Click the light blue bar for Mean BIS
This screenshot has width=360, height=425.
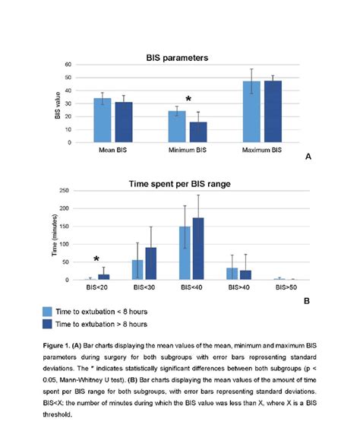pos(103,120)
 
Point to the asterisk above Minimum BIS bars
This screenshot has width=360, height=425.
pos(188,100)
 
